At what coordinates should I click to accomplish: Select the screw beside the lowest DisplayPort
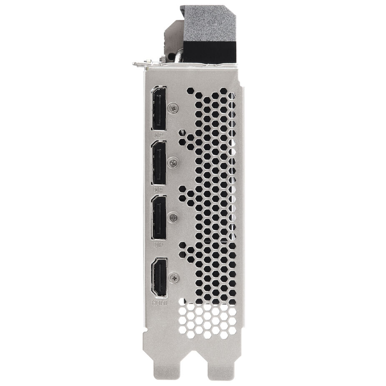tap(174, 217)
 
